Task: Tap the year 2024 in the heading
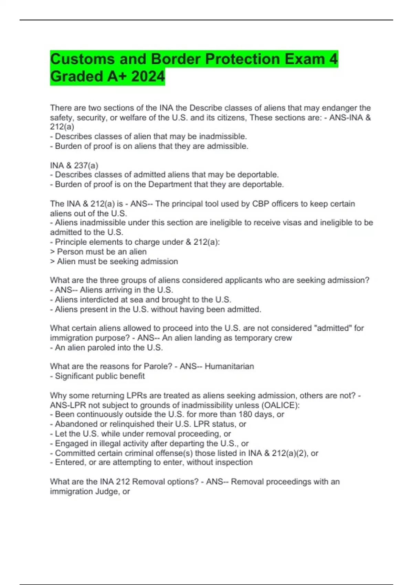[148, 76]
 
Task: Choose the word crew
[284, 338]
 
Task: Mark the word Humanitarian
[229, 366]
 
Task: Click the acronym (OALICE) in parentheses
[281, 405]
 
